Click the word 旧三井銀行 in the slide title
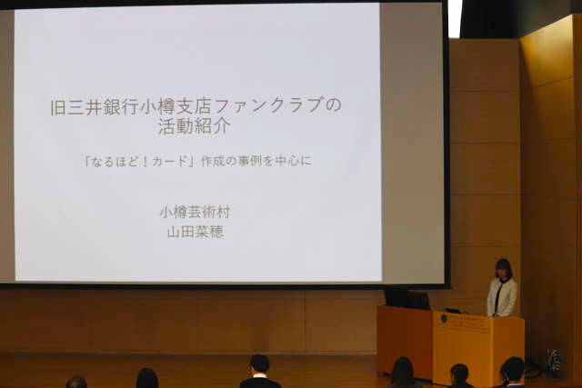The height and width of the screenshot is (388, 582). click(95, 105)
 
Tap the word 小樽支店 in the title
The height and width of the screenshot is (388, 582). click(176, 105)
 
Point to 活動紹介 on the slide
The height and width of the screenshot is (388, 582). click(195, 126)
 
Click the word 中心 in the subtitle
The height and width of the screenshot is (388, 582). click(286, 162)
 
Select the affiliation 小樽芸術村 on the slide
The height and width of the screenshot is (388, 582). click(195, 213)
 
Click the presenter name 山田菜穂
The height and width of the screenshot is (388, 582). click(196, 233)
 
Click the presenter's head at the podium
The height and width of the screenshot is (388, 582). click(503, 268)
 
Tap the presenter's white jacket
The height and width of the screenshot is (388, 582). click(502, 297)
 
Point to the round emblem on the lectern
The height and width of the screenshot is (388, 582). click(443, 318)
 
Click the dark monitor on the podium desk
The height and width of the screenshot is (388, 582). click(407, 299)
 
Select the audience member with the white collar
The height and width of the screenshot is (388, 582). click(259, 372)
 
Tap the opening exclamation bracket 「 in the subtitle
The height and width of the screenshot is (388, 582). click(87, 162)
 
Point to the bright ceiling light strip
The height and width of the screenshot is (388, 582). click(455, 18)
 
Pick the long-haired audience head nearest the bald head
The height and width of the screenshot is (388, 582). click(146, 378)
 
